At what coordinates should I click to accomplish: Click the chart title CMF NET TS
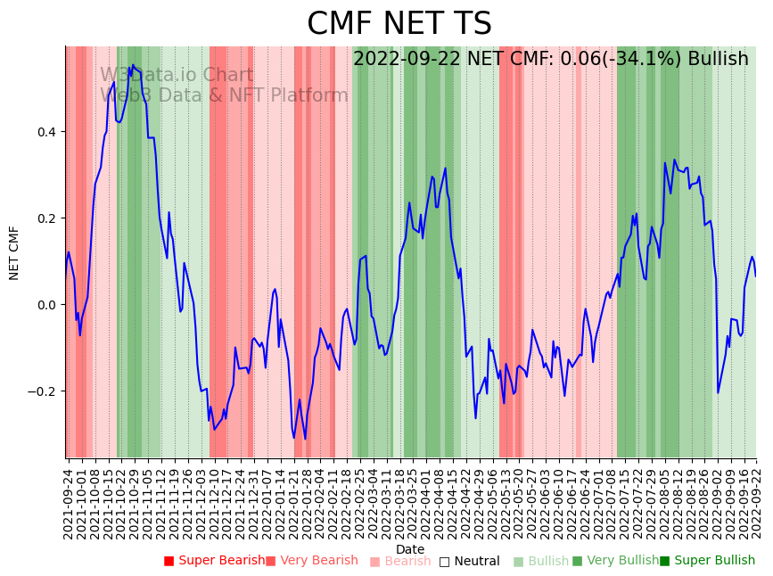pos(399,24)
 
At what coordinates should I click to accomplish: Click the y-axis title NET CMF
pos(14,252)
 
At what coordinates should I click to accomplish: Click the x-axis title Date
pos(410,549)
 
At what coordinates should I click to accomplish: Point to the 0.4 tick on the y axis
pos(45,132)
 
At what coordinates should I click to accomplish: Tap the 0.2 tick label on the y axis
pos(45,218)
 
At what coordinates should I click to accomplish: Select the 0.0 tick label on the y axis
pos(45,305)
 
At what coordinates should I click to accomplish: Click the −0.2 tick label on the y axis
pos(42,391)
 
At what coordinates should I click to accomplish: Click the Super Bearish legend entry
pos(214,561)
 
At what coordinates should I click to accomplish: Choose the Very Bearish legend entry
pos(311,561)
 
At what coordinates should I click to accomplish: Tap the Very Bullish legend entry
pos(615,561)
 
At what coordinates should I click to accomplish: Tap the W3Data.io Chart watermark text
pos(177,76)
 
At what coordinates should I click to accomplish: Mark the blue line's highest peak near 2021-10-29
pos(133,65)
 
